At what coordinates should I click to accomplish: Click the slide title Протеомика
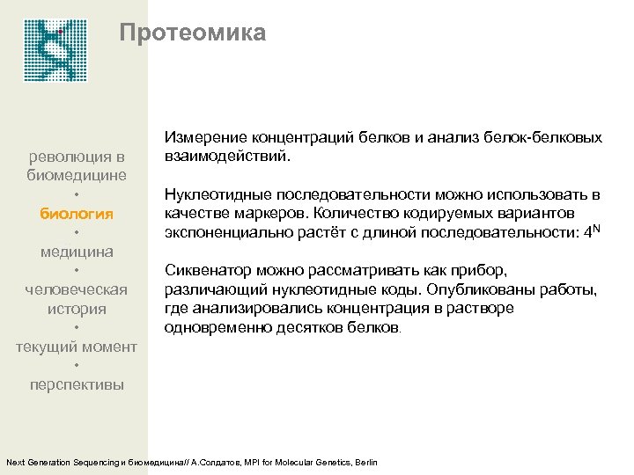[192, 33]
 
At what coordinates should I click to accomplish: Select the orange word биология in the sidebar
[77, 213]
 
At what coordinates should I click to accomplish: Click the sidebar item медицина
[77, 252]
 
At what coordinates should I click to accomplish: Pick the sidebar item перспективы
[77, 384]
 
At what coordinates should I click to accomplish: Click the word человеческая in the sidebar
[77, 289]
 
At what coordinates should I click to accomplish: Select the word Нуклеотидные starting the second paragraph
[217, 194]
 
